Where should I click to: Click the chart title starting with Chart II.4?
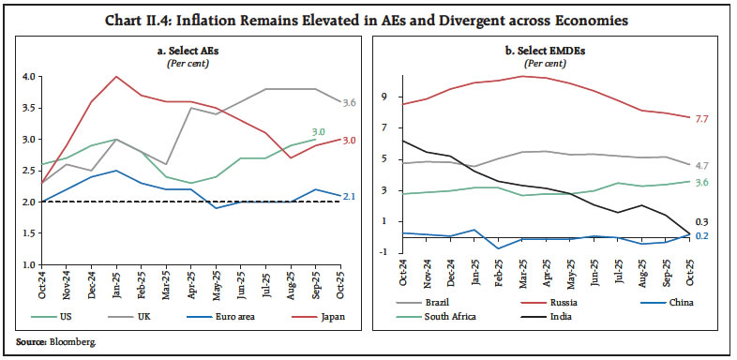pos(368,21)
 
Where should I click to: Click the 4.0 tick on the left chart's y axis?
pos(29,77)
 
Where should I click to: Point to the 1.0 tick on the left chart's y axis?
pos(29,264)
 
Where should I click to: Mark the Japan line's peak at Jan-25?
pos(115,77)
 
